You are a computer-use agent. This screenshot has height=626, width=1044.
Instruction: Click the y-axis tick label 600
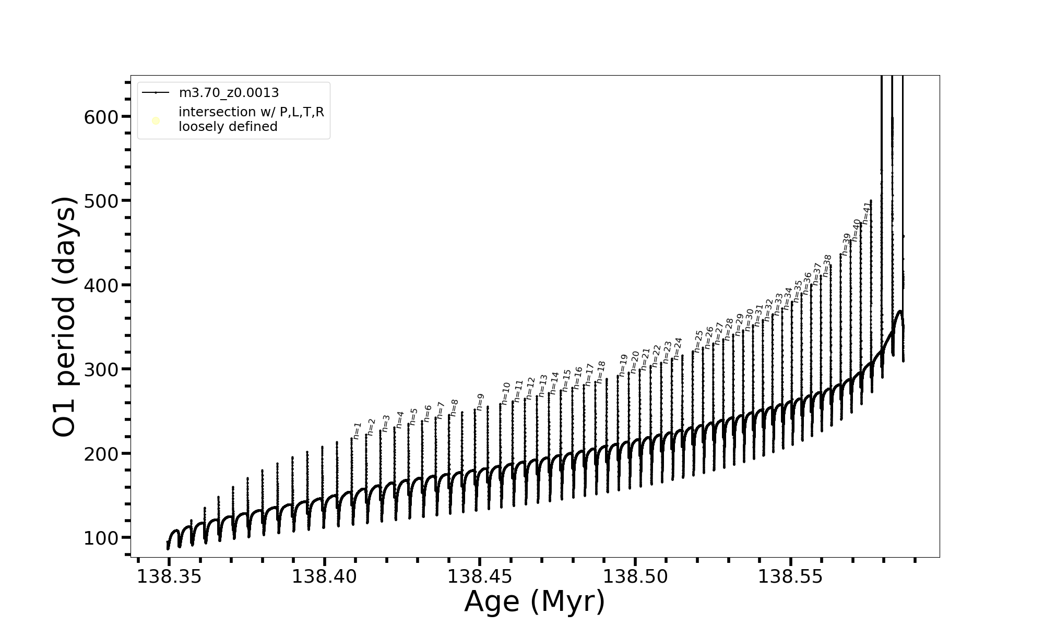click(x=101, y=117)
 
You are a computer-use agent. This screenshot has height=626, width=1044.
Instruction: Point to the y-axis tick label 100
click(x=101, y=538)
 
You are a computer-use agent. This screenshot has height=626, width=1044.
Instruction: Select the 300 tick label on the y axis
click(x=101, y=369)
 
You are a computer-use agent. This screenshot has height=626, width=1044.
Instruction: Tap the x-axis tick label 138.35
click(x=169, y=576)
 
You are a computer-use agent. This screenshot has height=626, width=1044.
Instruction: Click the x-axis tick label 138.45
click(x=480, y=576)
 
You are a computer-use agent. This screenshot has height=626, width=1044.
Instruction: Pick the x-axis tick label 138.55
click(x=790, y=576)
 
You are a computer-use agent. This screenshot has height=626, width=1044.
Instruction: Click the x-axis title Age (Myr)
click(x=535, y=601)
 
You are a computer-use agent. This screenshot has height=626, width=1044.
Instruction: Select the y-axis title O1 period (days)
click(x=65, y=317)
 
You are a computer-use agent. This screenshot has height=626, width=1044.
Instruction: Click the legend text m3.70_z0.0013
click(x=229, y=93)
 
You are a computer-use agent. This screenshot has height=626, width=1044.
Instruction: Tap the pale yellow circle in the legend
click(x=156, y=121)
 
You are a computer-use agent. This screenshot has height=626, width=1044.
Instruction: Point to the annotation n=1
click(x=357, y=430)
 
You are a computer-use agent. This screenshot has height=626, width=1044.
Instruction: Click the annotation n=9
click(x=480, y=402)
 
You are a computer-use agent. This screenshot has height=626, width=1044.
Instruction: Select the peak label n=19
click(x=623, y=365)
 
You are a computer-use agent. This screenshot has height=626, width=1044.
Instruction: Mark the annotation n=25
click(x=699, y=341)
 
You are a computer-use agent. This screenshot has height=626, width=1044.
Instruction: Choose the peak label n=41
click(x=867, y=213)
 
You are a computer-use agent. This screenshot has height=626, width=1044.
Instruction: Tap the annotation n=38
click(x=827, y=266)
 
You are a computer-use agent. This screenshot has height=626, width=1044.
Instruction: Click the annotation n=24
click(x=678, y=348)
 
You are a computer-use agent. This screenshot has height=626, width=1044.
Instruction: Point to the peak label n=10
click(x=505, y=393)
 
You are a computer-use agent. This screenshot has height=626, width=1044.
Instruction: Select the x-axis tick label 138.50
click(x=635, y=576)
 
